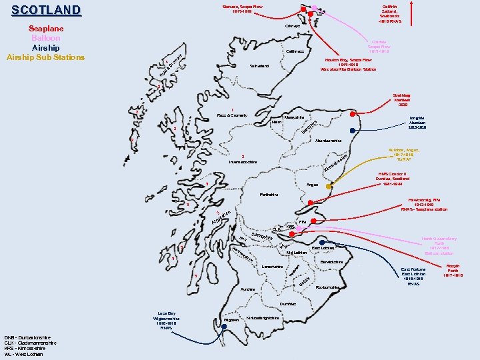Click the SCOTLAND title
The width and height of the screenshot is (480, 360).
(x=46, y=11)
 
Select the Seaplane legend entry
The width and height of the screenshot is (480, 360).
(x=46, y=29)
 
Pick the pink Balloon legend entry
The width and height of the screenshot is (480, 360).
(x=46, y=38)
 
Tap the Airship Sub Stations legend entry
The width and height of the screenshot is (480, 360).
(x=46, y=57)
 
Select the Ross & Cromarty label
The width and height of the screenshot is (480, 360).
(x=231, y=115)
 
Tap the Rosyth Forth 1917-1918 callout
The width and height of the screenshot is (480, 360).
(x=453, y=270)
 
